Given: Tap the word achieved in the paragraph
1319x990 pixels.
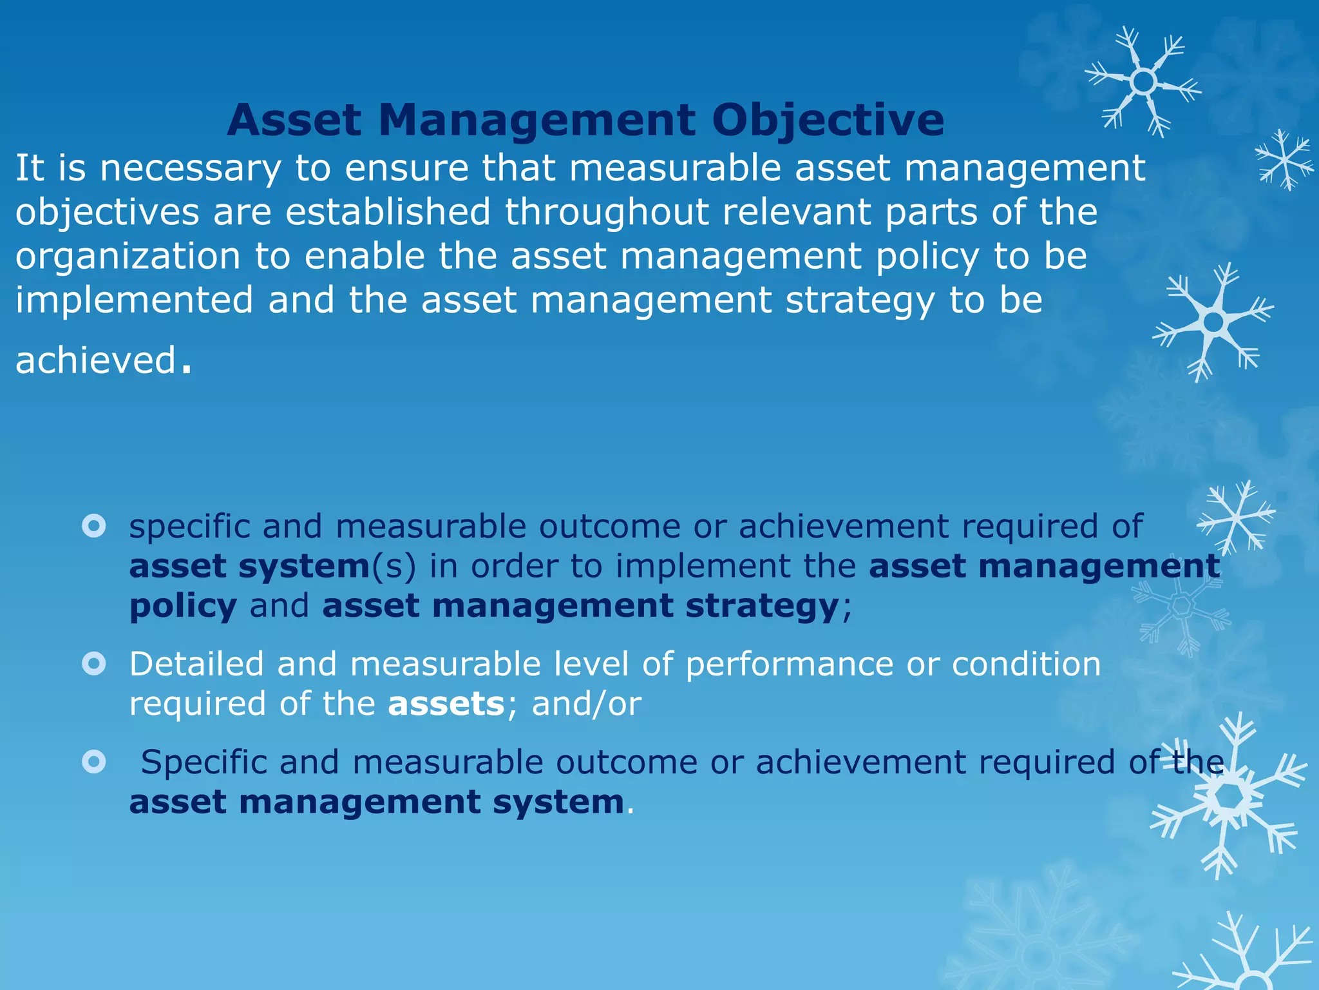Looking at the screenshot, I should tap(95, 360).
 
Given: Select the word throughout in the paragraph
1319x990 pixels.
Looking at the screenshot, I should tap(606, 212).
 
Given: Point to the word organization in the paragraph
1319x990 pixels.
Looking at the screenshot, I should tap(128, 257).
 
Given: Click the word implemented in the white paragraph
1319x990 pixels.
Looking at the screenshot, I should tap(134, 300).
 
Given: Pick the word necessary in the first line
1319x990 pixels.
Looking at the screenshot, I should tap(191, 169).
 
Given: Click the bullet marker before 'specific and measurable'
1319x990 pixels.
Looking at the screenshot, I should tap(94, 526).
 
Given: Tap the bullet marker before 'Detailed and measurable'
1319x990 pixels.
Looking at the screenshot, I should tap(94, 663).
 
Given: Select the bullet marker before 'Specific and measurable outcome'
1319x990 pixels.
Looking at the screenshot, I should tap(94, 762).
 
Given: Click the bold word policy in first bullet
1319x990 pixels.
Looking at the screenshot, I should tap(183, 607).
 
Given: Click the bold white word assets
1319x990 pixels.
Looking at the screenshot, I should tap(446, 703).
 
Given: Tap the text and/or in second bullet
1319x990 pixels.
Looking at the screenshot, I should tap(586, 703).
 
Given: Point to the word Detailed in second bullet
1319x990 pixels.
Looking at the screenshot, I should tap(196, 664).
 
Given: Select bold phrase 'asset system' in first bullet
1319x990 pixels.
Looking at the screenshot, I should tap(249, 567).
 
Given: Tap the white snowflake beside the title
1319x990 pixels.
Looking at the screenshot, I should tap(1143, 82).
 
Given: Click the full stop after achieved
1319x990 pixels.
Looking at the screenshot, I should tap(186, 370).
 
